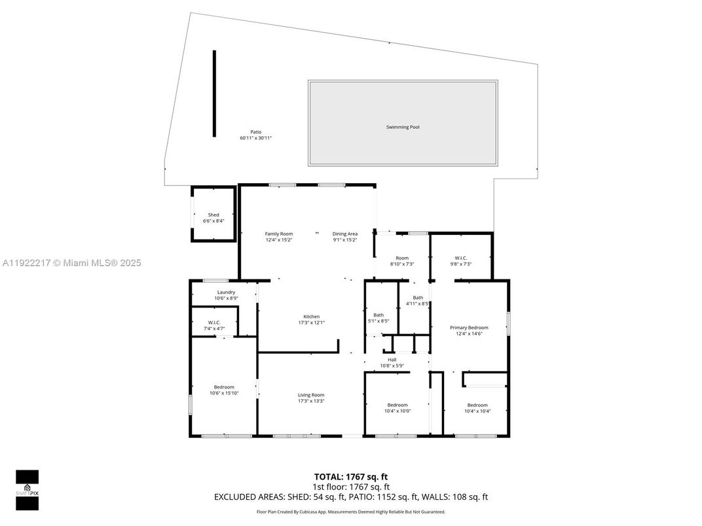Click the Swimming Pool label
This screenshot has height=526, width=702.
click(x=402, y=127)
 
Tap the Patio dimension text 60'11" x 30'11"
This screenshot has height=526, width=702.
click(x=255, y=138)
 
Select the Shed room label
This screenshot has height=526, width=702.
click(x=213, y=215)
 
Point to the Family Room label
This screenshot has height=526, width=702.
click(x=278, y=234)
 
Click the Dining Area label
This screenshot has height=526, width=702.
click(x=344, y=234)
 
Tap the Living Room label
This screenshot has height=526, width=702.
click(x=311, y=394)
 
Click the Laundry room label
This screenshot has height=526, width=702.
click(x=226, y=292)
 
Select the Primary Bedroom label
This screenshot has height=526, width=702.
click(x=468, y=327)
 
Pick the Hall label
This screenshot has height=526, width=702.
click(x=392, y=359)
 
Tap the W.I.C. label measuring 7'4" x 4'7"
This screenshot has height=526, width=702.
click(x=214, y=322)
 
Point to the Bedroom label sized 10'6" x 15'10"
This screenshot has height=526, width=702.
click(x=223, y=387)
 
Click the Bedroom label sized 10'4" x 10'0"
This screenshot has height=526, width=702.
click(x=397, y=404)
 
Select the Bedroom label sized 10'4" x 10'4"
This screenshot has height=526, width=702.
click(x=477, y=404)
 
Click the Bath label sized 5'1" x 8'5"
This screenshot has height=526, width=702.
click(x=379, y=315)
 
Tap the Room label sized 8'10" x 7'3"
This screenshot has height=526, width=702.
click(x=401, y=257)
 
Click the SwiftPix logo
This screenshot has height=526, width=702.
click(x=27, y=489)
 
